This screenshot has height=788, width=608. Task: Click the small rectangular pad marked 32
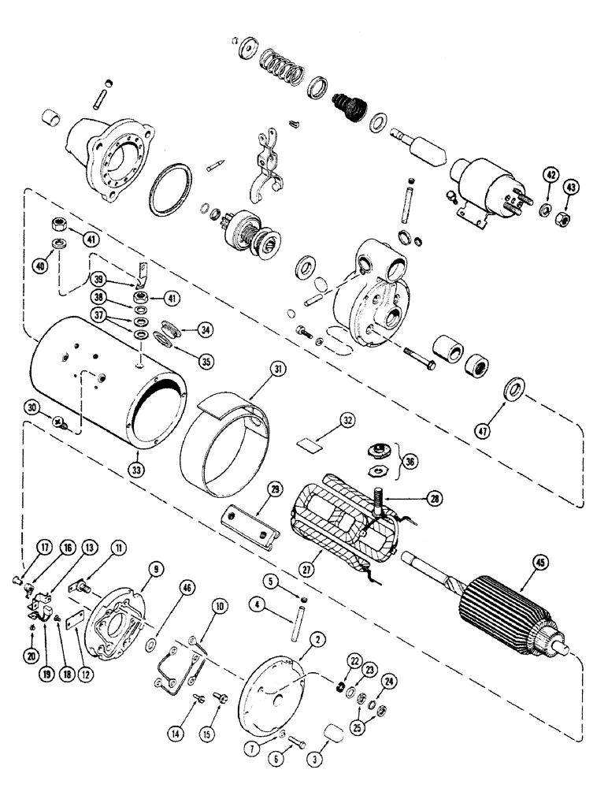coord(312,444)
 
